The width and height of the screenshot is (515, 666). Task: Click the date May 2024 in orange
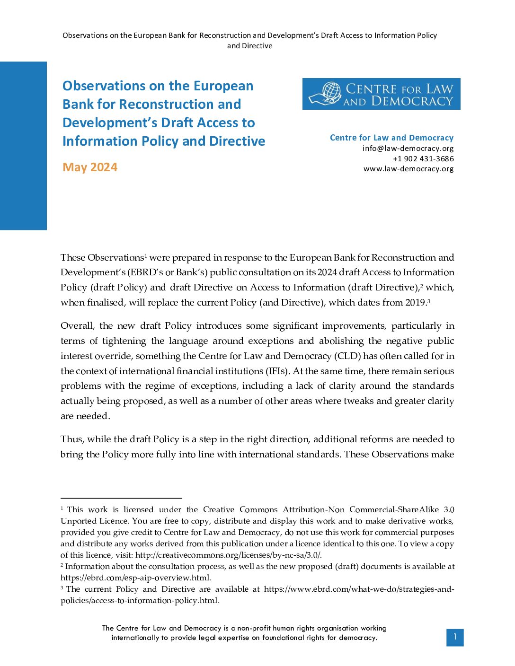coord(90,167)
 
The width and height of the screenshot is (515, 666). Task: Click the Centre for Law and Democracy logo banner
coord(381,94)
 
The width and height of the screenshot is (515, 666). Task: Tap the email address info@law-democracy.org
coord(408,149)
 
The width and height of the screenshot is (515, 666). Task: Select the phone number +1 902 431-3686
coord(423,159)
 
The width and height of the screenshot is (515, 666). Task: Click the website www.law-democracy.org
coord(408,169)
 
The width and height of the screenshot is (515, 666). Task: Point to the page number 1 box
coord(454,637)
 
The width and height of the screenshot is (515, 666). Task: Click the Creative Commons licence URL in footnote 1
coord(228,555)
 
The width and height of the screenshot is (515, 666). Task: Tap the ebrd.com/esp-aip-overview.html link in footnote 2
coord(135,578)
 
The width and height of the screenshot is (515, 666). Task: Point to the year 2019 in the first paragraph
coord(416,303)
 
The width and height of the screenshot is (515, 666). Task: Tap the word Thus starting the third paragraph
coord(72,439)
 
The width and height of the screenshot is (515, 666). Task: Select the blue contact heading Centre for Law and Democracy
coord(391,138)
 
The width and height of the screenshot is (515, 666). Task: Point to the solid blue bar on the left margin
coord(23,146)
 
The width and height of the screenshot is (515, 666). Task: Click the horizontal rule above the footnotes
coord(121,498)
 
